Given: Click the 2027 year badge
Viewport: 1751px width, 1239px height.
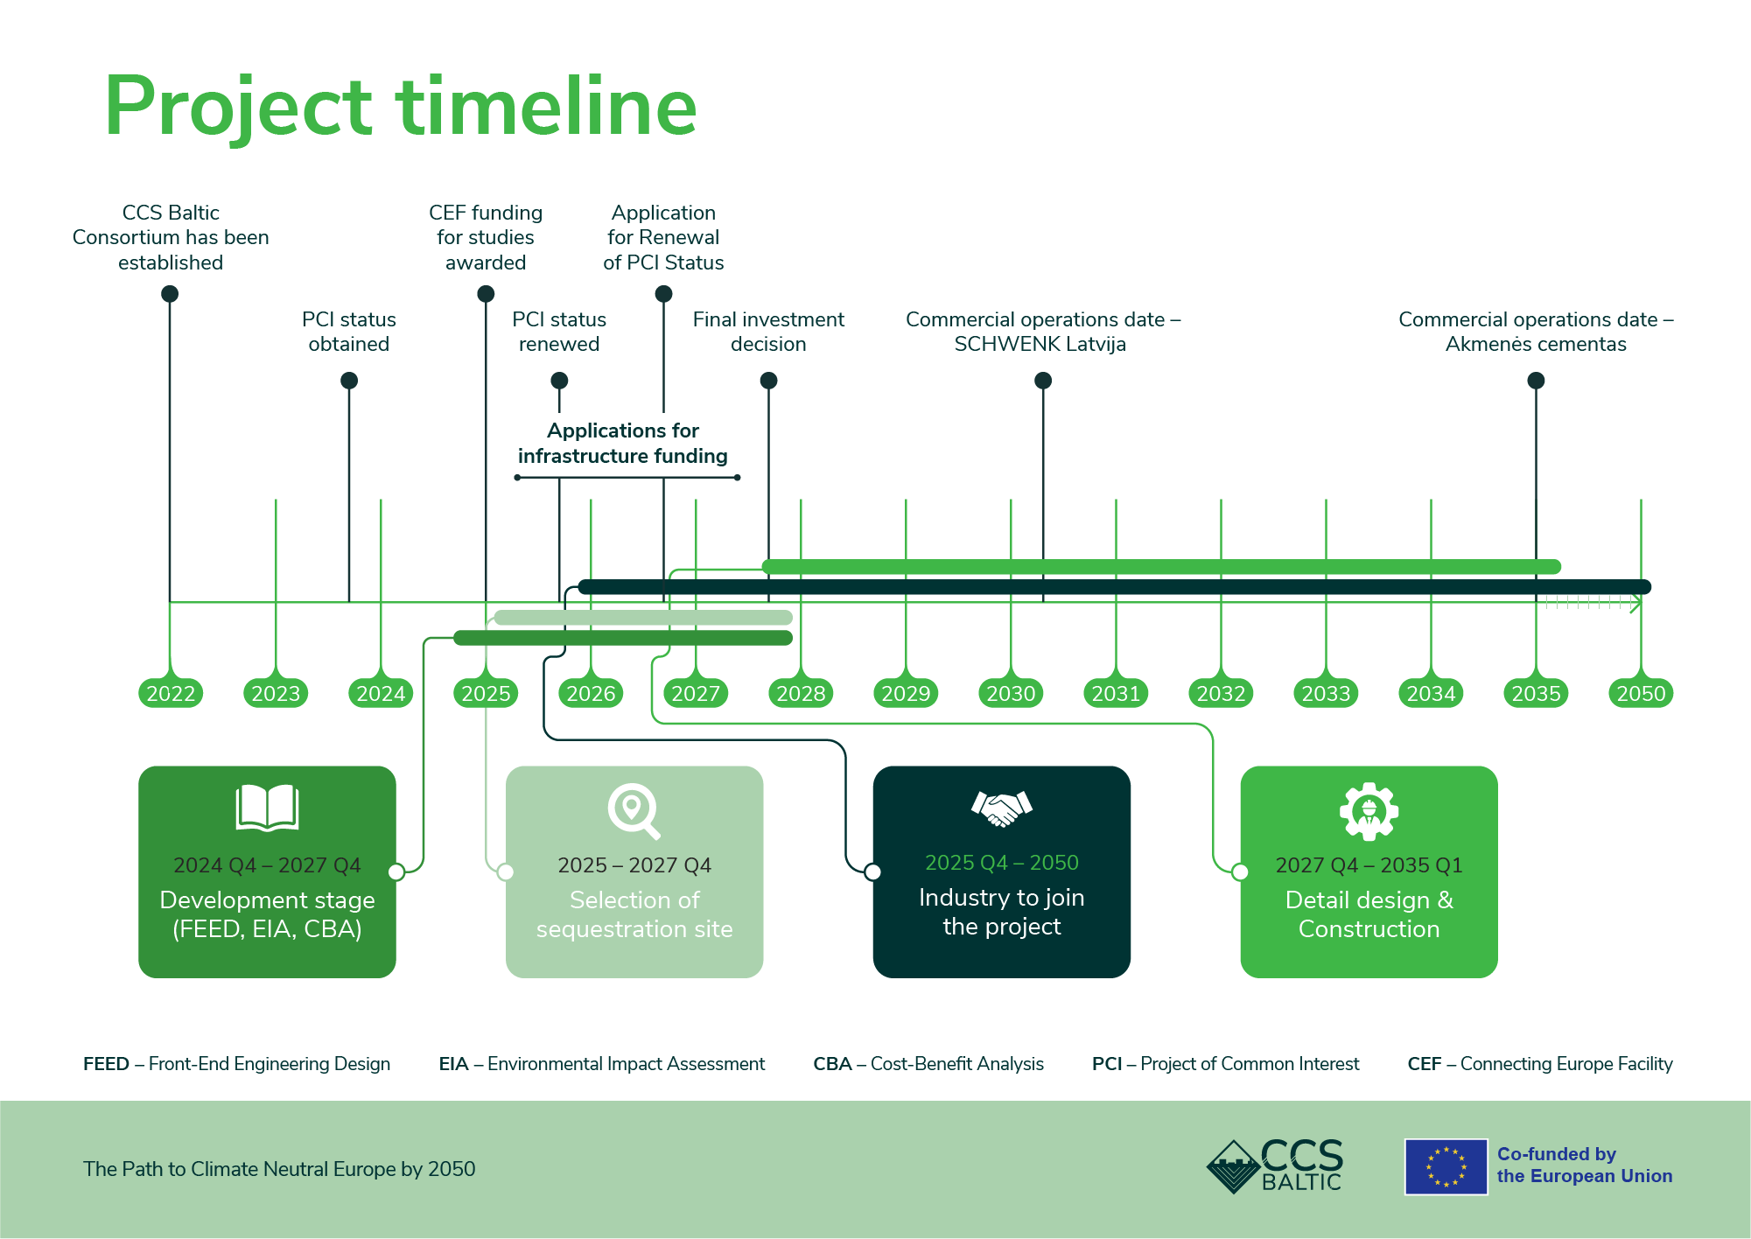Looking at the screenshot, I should (x=696, y=694).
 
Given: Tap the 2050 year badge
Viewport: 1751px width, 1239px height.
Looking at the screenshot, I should (x=1641, y=694).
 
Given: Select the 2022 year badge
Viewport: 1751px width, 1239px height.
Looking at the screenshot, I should (x=171, y=694).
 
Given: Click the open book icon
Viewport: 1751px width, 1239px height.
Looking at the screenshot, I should (x=267, y=807).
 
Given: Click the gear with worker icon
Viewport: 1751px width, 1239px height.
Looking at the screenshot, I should (x=1369, y=812).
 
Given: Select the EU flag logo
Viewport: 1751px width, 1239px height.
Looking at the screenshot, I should (x=1446, y=1166).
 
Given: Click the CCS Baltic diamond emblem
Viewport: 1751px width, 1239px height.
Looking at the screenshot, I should (x=1233, y=1166).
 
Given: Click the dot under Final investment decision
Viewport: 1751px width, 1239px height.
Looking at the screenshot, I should (x=768, y=381).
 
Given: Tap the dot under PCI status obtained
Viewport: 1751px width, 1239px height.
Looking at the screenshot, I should (x=349, y=381).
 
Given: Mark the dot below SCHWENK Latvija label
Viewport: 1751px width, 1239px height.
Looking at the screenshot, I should (x=1042, y=381).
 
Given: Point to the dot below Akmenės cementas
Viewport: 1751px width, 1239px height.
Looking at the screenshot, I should (x=1536, y=381).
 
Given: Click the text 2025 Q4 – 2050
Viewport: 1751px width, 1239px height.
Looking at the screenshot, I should (x=1001, y=863).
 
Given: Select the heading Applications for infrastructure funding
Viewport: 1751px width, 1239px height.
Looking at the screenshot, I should (x=622, y=444).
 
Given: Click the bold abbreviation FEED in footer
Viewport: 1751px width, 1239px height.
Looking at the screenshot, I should (x=106, y=1064).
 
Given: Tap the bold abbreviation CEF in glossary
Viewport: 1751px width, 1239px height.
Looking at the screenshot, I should (x=1424, y=1064).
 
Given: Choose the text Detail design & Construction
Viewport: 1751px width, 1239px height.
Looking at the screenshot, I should (x=1369, y=914).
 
